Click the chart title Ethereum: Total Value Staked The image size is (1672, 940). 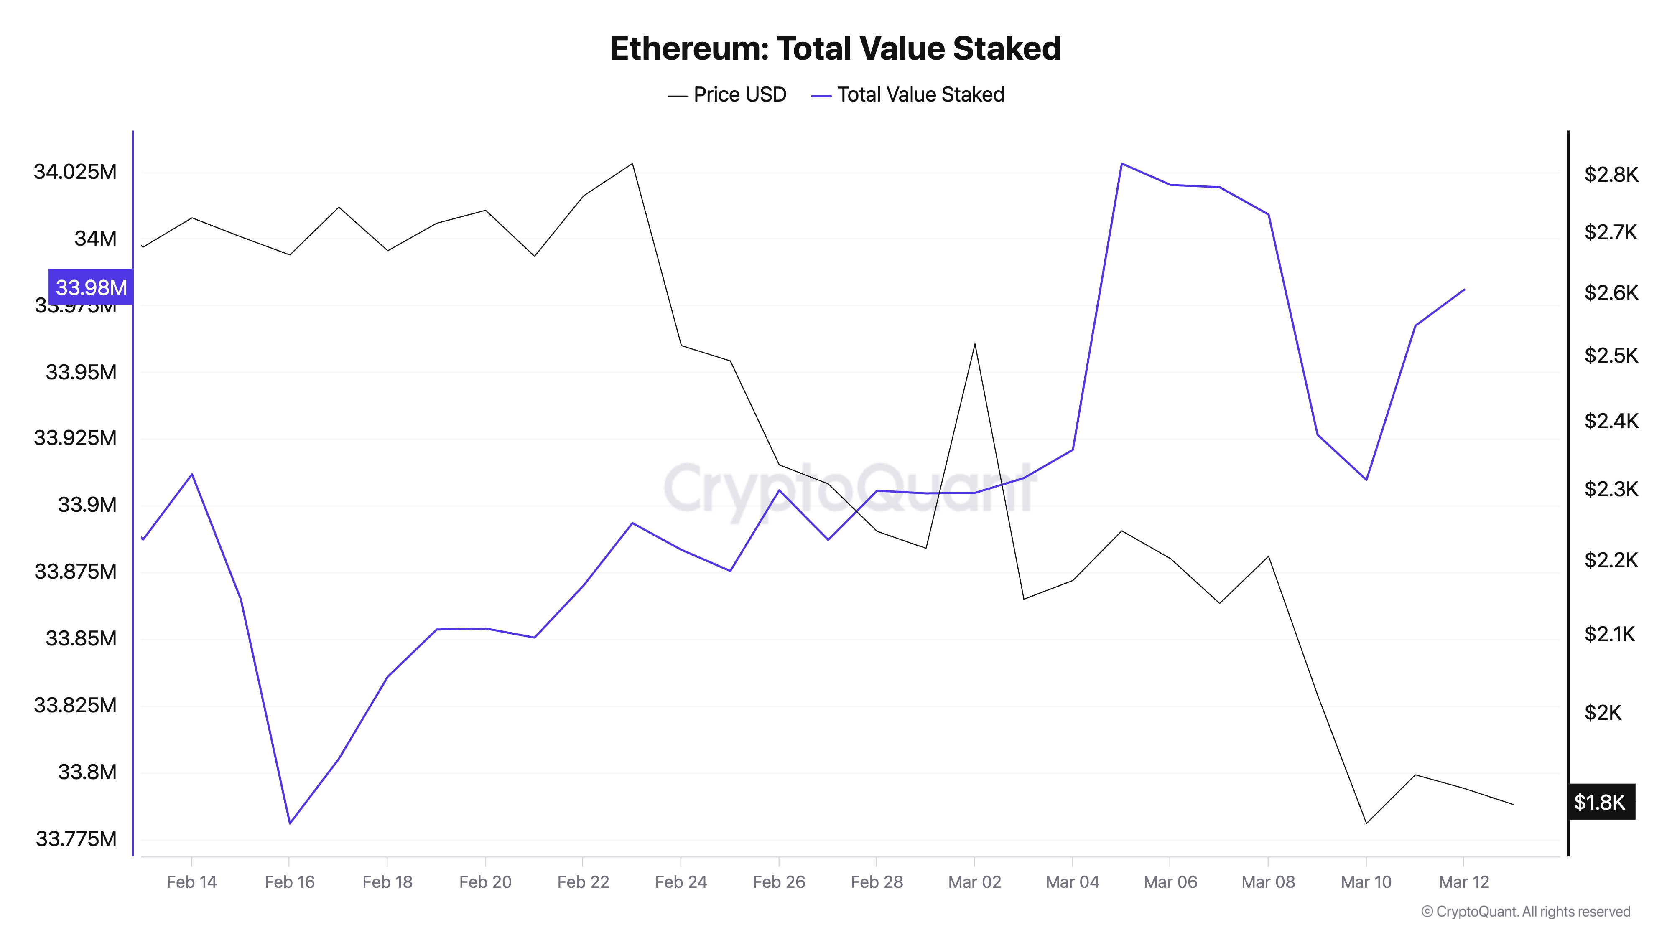[835, 48]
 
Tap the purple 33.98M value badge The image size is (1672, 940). [91, 287]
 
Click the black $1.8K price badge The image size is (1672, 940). [1600, 803]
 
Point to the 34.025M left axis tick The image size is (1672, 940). [75, 172]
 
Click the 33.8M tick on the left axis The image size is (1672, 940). [87, 772]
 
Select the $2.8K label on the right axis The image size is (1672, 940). [1610, 175]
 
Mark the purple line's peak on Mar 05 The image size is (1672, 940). [1121, 163]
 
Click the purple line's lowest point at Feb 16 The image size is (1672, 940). [290, 823]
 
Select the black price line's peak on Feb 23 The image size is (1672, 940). [632, 163]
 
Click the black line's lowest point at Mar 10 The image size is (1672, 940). [1366, 823]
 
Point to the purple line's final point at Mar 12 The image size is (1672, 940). [1464, 290]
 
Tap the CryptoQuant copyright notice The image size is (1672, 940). [1525, 912]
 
